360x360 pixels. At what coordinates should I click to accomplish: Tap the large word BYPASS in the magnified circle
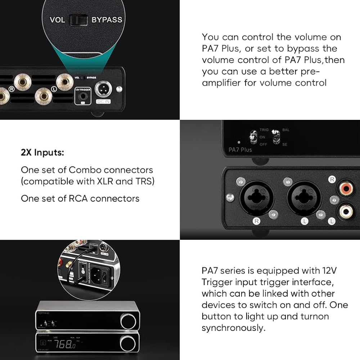coord(107,19)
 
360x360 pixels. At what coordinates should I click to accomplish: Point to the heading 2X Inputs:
coord(42,152)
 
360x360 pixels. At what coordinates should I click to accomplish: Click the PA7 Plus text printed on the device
coord(240,149)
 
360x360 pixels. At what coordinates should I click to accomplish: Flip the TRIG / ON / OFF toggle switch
coord(253,137)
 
